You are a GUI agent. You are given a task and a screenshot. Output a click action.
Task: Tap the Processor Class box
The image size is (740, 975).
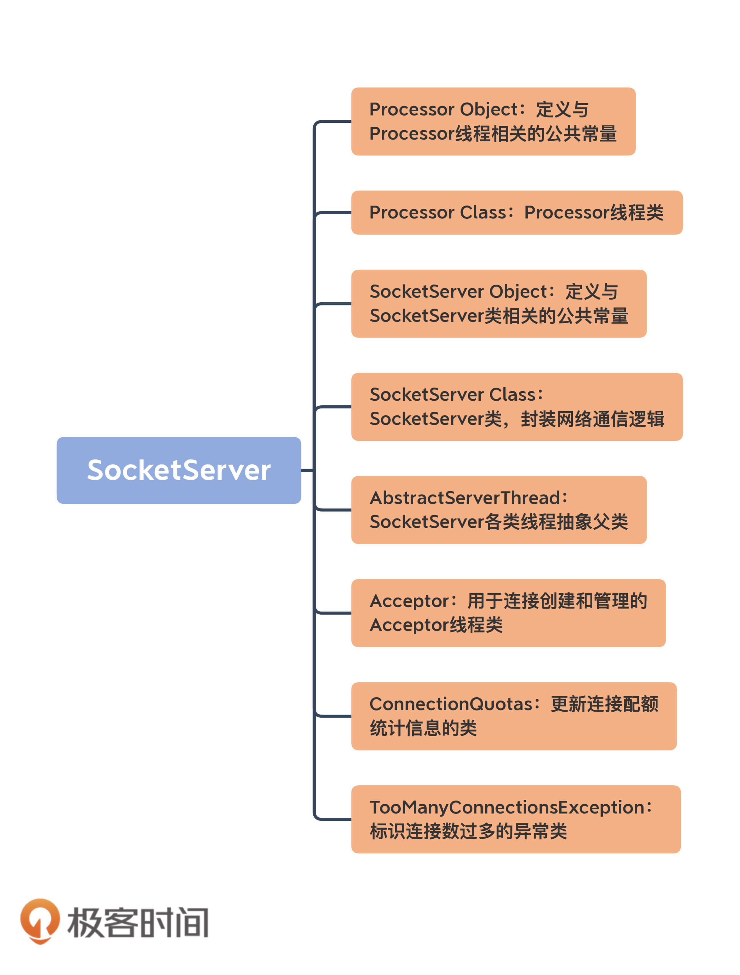click(x=516, y=212)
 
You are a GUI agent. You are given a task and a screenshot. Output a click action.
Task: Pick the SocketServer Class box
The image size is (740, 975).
click(x=516, y=406)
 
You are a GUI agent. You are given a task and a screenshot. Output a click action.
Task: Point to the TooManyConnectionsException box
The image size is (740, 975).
click(x=516, y=819)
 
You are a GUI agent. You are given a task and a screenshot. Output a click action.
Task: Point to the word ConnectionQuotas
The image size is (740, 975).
click(x=451, y=704)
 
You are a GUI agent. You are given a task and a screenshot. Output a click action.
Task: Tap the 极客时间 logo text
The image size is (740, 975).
click(x=138, y=922)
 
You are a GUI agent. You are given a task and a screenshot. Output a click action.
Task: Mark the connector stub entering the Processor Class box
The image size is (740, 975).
click(x=334, y=212)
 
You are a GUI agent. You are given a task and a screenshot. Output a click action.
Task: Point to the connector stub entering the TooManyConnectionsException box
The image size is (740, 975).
click(x=334, y=819)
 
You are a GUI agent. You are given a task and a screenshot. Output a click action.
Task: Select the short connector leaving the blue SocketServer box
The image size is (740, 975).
click(x=307, y=470)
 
